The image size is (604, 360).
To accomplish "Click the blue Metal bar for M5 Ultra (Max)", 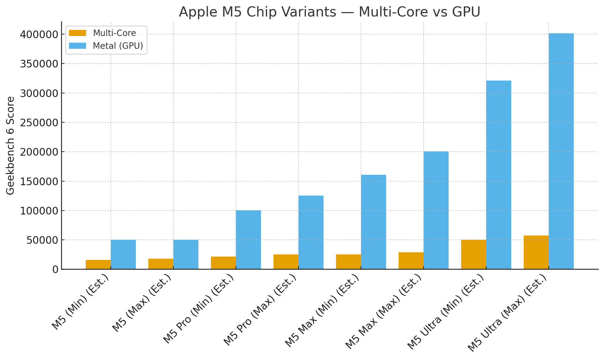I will pos(561,151).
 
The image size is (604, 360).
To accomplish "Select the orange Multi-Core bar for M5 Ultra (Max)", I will pos(536,252).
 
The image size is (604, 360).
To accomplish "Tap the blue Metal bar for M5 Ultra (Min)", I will pos(498,175).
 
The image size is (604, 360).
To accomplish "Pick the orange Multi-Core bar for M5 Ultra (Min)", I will pos(473,254).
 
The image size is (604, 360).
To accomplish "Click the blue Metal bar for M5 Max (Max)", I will pos(436,210).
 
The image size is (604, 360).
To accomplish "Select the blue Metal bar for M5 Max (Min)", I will pos(373,222).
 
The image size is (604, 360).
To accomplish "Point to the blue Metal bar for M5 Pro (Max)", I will pos(311,232).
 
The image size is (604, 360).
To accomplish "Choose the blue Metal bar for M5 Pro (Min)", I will pos(248,239).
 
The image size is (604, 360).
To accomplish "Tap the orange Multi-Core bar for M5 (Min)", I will pos(98,265).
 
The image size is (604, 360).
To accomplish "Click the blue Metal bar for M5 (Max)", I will pos(186,254).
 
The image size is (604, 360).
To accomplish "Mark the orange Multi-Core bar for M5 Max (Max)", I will pos(411,261).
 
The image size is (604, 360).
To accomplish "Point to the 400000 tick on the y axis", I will pos(39,34).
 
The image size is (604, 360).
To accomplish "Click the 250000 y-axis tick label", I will pos(39,123).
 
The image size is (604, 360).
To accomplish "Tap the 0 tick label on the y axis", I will pos(55,269).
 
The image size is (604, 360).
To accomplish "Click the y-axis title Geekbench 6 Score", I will pos(11,146).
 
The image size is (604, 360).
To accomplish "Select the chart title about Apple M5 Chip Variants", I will pos(330,12).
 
